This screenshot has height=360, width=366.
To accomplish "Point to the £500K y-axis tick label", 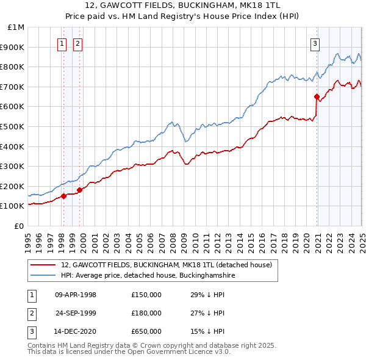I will pyautogui.click(x=13, y=126).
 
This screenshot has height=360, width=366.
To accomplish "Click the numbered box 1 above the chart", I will pyautogui.click(x=63, y=43).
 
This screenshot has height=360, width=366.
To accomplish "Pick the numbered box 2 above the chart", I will pyautogui.click(x=79, y=43).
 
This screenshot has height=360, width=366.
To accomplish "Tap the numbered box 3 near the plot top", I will pyautogui.click(x=315, y=43).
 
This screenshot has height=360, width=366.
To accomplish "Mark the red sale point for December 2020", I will pyautogui.click(x=317, y=96).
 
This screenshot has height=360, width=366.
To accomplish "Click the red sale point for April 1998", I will pyautogui.click(x=64, y=196).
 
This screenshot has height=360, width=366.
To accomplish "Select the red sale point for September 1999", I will pyautogui.click(x=80, y=190).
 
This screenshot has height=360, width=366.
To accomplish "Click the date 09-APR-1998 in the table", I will pyautogui.click(x=76, y=295).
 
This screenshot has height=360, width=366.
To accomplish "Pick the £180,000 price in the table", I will pyautogui.click(x=146, y=313).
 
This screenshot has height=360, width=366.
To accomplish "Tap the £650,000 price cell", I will pyautogui.click(x=146, y=331).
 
